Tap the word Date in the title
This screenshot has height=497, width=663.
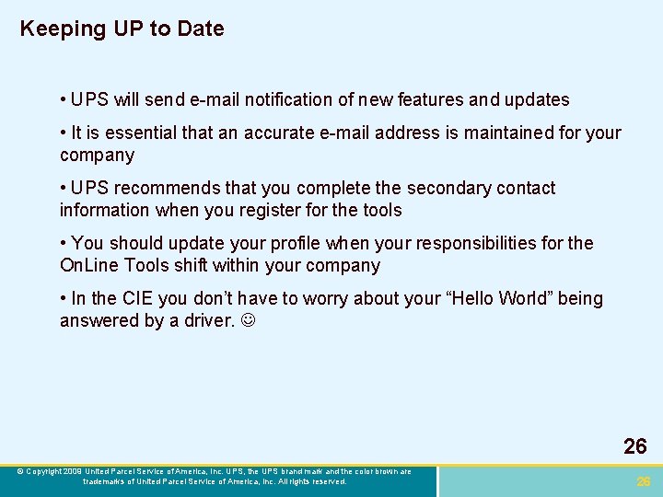coord(202,29)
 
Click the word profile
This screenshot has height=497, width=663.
coord(293,244)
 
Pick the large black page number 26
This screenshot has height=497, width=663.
coord(634,447)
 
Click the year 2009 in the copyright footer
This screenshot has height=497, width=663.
coord(73,471)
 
